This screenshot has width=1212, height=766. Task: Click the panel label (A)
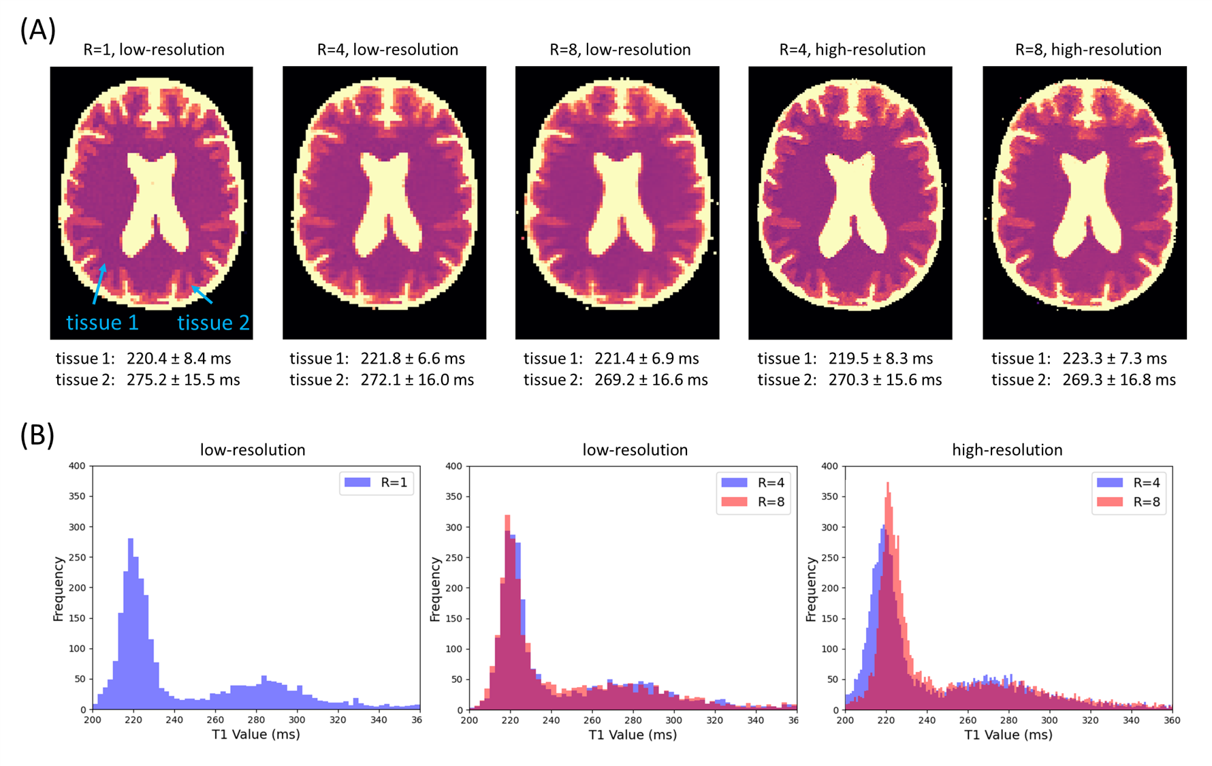click(37, 30)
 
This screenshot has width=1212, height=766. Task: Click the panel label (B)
click(37, 435)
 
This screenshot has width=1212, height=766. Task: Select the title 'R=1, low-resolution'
click(154, 50)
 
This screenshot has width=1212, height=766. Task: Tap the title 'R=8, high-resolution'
click(1088, 50)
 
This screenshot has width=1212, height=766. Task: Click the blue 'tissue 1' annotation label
click(102, 322)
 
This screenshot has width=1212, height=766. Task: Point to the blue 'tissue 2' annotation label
click(214, 322)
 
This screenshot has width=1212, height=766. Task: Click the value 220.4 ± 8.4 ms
click(179, 358)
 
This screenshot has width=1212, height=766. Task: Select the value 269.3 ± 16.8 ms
click(1119, 380)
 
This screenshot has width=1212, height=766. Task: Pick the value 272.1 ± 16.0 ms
click(417, 380)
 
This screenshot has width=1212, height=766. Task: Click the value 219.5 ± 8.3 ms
click(880, 358)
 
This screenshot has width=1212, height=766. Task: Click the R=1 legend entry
click(377, 483)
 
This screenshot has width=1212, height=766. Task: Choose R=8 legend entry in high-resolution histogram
click(1128, 502)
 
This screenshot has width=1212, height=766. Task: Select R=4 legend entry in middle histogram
click(752, 483)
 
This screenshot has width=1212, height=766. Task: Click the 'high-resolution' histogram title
click(1007, 450)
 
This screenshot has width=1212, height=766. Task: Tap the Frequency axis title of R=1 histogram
click(59, 589)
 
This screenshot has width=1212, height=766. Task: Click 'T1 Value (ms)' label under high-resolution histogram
click(1008, 735)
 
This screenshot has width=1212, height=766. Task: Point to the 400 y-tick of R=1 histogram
click(77, 466)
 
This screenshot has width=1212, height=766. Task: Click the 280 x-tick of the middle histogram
click(633, 720)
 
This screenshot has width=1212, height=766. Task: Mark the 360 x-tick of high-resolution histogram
click(1172, 720)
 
